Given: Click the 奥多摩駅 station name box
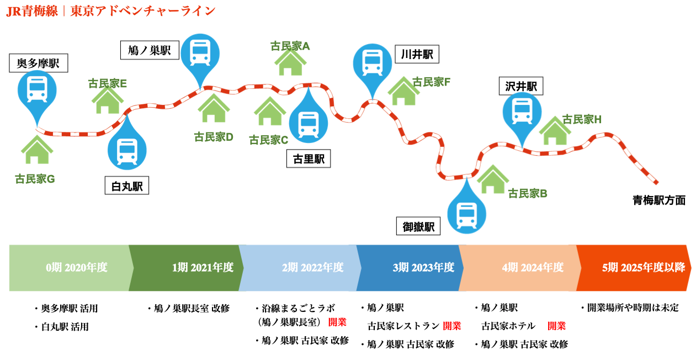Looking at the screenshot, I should pyautogui.click(x=39, y=63).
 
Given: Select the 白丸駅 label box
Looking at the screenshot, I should pyautogui.click(x=127, y=186).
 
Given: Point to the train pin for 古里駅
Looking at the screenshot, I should pyautogui.click(x=308, y=123).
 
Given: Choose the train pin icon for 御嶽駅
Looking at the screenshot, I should pyautogui.click(x=467, y=211).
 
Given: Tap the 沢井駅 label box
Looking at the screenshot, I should pyautogui.click(x=521, y=86).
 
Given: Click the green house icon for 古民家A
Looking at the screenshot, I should pyautogui.click(x=290, y=63).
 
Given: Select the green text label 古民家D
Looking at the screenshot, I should pyautogui.click(x=214, y=137).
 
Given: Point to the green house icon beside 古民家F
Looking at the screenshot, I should pyautogui.click(x=403, y=92).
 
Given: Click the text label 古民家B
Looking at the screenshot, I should pyautogui.click(x=527, y=193).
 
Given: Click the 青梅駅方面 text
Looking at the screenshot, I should pyautogui.click(x=659, y=200).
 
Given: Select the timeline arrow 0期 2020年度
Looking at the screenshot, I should pyautogui.click(x=72, y=268).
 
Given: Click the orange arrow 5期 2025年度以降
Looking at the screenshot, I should pyautogui.click(x=635, y=268).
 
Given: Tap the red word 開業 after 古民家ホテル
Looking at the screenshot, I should pyautogui.click(x=556, y=326).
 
